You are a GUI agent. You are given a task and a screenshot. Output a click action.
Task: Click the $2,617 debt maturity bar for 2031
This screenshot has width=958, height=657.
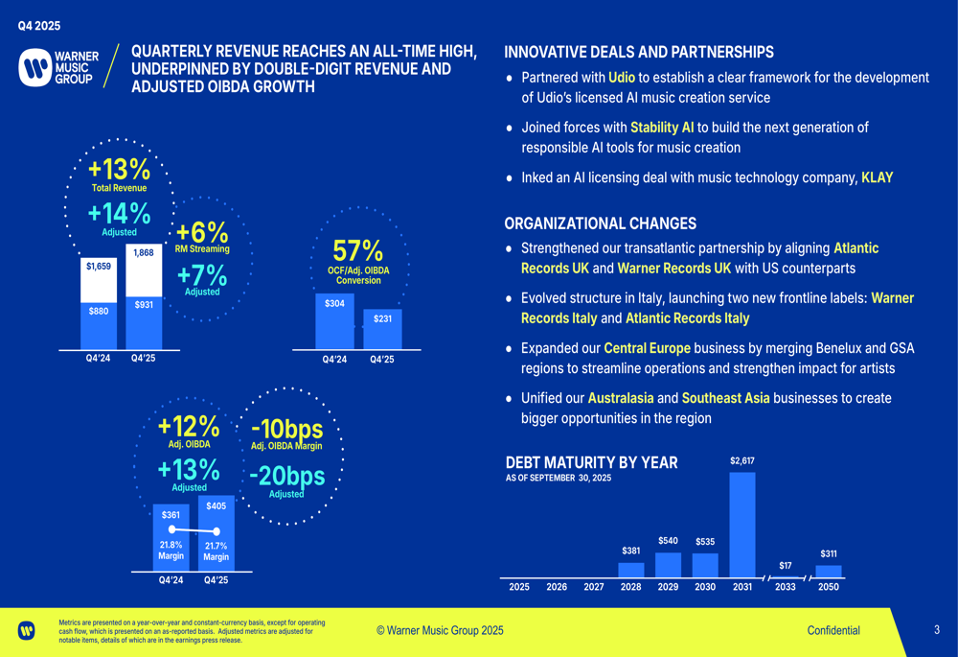741,525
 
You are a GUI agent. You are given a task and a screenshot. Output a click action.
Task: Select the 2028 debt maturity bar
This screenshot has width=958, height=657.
631,570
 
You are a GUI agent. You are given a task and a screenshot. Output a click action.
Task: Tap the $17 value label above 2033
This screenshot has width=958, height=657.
785,566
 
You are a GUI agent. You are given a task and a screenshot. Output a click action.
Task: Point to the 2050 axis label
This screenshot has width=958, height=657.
829,587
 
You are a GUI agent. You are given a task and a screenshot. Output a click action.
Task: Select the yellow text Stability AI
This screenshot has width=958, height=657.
662,128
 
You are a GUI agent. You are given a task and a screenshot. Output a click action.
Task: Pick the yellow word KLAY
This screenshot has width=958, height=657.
877,177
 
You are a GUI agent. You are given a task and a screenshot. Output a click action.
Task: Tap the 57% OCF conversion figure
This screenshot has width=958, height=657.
358,250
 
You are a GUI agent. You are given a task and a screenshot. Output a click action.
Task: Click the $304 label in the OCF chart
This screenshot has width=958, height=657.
334,303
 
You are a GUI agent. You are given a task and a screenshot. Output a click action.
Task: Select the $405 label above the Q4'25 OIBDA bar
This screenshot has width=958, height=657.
216,504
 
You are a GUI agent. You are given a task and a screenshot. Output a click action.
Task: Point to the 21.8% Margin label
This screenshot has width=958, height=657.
171,551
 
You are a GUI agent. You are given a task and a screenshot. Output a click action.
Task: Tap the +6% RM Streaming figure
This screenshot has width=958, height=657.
202,232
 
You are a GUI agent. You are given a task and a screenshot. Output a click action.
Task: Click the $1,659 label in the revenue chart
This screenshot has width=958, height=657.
98,266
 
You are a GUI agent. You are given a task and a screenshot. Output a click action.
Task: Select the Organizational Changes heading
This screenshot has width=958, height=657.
600,223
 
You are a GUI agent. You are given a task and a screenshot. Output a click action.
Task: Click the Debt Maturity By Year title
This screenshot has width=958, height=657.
591,462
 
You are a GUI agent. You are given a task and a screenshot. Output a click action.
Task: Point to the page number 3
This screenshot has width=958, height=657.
937,630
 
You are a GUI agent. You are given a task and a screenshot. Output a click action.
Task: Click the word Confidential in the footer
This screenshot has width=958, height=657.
833,630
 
